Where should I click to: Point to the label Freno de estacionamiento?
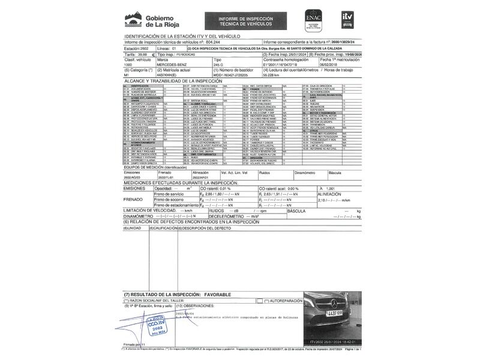coord(178,204)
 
